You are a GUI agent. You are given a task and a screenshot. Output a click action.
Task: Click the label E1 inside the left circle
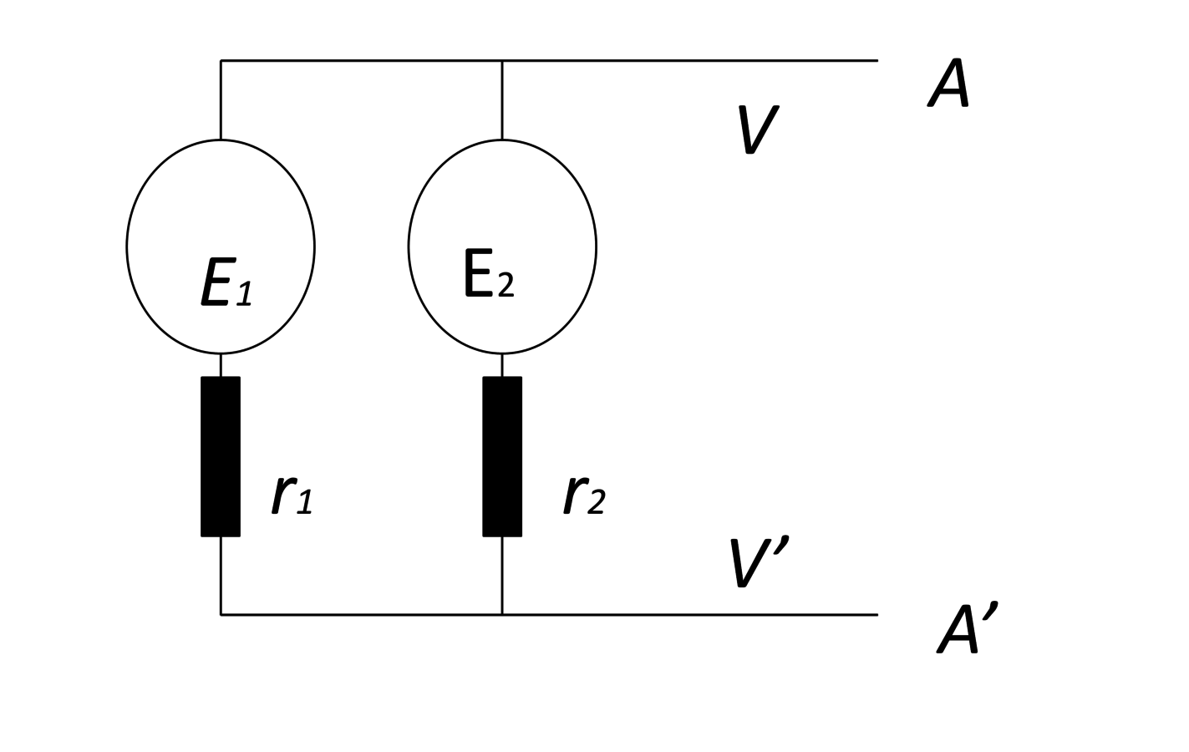(226, 282)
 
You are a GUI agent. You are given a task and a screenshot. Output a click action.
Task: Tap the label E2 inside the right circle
(490, 273)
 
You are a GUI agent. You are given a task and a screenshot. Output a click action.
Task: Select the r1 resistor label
(292, 495)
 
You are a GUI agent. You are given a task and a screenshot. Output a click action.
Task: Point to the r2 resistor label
(584, 495)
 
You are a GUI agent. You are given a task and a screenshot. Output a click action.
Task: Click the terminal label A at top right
(949, 83)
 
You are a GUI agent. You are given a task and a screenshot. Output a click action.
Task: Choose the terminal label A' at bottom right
(968, 628)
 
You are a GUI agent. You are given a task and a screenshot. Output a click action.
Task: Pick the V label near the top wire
(759, 130)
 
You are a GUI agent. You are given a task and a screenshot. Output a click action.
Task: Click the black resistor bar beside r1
(221, 456)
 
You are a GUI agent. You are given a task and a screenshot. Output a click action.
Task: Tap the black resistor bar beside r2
(502, 456)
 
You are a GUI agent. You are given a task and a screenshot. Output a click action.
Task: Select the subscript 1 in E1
(244, 293)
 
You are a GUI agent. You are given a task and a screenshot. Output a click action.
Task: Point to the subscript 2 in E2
(506, 285)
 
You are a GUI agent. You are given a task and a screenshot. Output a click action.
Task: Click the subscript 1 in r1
(304, 501)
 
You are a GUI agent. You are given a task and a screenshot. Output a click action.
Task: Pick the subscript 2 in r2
(596, 501)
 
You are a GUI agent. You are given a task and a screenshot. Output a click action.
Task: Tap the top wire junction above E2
(502, 60)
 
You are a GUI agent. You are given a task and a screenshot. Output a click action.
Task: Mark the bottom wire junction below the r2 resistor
(502, 614)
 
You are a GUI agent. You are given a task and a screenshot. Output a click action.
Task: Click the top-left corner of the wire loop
(221, 60)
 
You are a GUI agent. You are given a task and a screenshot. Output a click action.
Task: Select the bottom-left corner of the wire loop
(221, 614)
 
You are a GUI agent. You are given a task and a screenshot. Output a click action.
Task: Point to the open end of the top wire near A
(877, 60)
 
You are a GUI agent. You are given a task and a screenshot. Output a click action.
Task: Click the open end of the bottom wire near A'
(877, 614)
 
